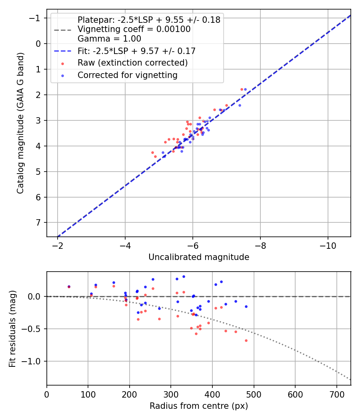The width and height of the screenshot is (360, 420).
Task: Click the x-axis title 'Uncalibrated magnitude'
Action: (x=199, y=257)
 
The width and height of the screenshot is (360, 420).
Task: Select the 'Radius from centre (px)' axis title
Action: (x=199, y=406)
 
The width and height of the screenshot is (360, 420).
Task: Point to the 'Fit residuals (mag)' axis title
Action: (x=12, y=328)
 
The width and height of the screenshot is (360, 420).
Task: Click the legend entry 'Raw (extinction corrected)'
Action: (x=132, y=63)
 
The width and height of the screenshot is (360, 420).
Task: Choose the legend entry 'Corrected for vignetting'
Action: (x=127, y=75)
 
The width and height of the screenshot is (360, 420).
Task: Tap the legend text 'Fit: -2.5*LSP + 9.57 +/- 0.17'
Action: (x=136, y=51)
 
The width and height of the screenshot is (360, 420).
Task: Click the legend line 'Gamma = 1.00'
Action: (x=109, y=39)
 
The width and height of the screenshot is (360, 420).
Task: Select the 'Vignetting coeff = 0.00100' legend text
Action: (x=134, y=29)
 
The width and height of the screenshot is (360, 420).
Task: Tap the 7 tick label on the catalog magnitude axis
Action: (x=38, y=223)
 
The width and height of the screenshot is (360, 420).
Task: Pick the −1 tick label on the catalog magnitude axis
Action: (x=36, y=18)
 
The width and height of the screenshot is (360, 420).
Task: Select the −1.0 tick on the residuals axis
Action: (x=35, y=361)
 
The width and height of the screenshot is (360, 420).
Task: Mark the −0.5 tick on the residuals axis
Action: (x=35, y=329)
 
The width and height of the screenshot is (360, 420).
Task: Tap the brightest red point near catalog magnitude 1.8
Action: (x=242, y=89)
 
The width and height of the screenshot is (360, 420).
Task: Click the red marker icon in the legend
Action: (x=62, y=63)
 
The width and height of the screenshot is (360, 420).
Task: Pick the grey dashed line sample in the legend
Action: (x=62, y=29)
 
